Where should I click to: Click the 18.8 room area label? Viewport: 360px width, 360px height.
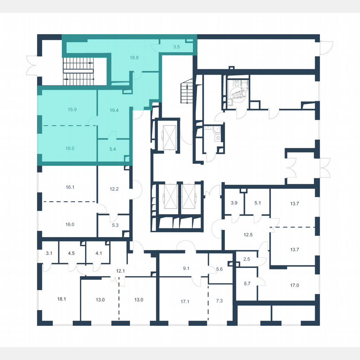[x=134, y=59]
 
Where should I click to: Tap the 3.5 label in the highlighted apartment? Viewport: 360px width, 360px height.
[x=176, y=47]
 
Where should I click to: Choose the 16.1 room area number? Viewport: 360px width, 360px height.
[x=70, y=187]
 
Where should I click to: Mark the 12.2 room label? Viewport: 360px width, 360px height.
[x=115, y=188]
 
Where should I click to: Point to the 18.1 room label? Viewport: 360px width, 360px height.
[x=62, y=298]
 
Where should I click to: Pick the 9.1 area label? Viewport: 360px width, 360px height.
[x=186, y=268]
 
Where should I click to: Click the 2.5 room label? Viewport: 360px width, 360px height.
[x=246, y=259]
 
